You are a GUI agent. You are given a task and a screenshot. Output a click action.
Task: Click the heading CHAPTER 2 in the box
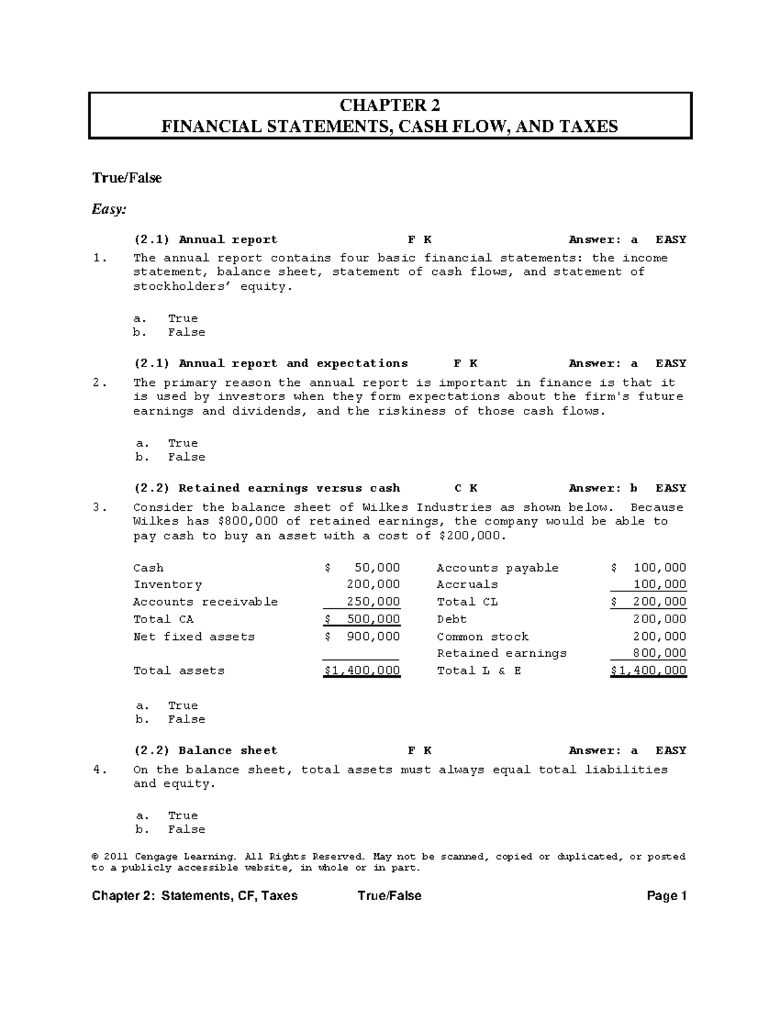(390, 106)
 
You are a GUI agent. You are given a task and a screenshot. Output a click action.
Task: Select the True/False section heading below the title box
(127, 178)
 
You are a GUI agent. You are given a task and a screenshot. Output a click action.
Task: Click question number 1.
(99, 258)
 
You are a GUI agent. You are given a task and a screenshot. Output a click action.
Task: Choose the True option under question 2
(183, 443)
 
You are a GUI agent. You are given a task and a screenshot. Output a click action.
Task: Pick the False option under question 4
(186, 830)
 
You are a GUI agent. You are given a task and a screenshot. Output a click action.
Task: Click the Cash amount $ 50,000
(362, 568)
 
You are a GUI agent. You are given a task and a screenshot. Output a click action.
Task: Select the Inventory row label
(167, 585)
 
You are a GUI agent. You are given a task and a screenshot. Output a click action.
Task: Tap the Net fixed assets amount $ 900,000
(362, 637)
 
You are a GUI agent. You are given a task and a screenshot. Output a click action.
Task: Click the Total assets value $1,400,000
(362, 671)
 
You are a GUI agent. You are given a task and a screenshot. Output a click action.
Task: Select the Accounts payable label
(497, 568)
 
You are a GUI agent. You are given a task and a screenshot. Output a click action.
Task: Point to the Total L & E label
(479, 671)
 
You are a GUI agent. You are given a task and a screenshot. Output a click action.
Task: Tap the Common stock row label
(482, 637)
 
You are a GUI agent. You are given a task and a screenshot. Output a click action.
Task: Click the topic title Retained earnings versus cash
(289, 488)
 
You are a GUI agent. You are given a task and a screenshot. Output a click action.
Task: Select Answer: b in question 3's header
(603, 488)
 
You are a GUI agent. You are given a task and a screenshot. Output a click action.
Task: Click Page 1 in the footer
(667, 896)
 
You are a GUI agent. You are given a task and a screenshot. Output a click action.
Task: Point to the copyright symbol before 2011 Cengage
(95, 856)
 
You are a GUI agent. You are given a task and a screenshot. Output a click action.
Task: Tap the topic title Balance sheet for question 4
(227, 750)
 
